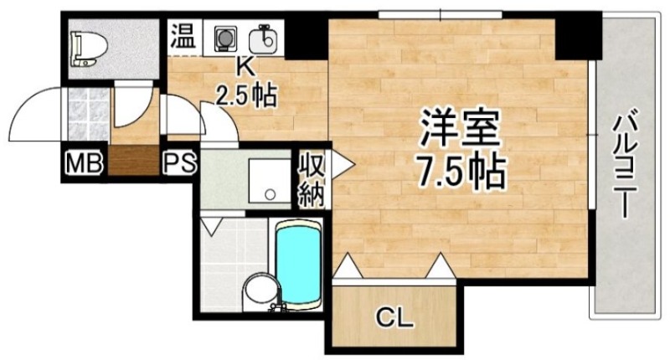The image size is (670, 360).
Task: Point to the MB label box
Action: (85, 162)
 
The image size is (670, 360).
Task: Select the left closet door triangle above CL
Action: (348, 267)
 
